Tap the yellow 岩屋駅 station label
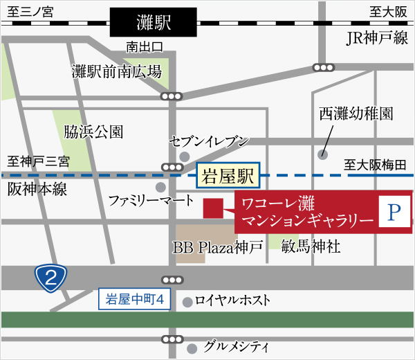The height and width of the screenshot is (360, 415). click(228, 176)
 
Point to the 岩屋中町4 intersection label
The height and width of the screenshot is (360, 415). click(133, 300)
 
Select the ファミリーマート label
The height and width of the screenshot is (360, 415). click(151, 201)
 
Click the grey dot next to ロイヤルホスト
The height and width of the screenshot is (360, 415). click(187, 302)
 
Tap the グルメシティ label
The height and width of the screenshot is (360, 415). click(237, 346)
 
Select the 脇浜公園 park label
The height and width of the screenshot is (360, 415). click(93, 131)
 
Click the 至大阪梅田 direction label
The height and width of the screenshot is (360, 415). click(376, 165)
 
